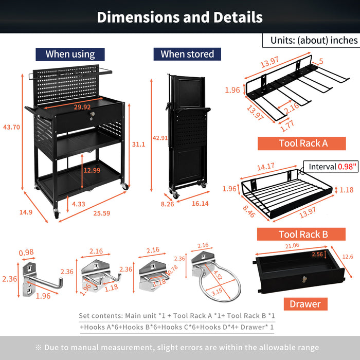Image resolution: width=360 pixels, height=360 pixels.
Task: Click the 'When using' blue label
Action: point(70,54)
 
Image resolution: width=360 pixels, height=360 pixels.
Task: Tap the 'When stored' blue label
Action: point(187,54)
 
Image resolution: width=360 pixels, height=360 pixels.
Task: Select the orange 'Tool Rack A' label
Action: point(303,143)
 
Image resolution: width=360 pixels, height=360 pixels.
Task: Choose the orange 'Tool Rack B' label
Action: point(303,235)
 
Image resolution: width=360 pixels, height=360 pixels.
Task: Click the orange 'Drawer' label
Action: point(304,304)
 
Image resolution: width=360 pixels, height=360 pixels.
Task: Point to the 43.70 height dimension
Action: point(12,127)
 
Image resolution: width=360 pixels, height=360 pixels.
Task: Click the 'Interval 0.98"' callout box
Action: point(332,167)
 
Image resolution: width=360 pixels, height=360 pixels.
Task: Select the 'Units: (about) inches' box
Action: point(311,40)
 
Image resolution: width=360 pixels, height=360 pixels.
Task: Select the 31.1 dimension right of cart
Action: point(139,145)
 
